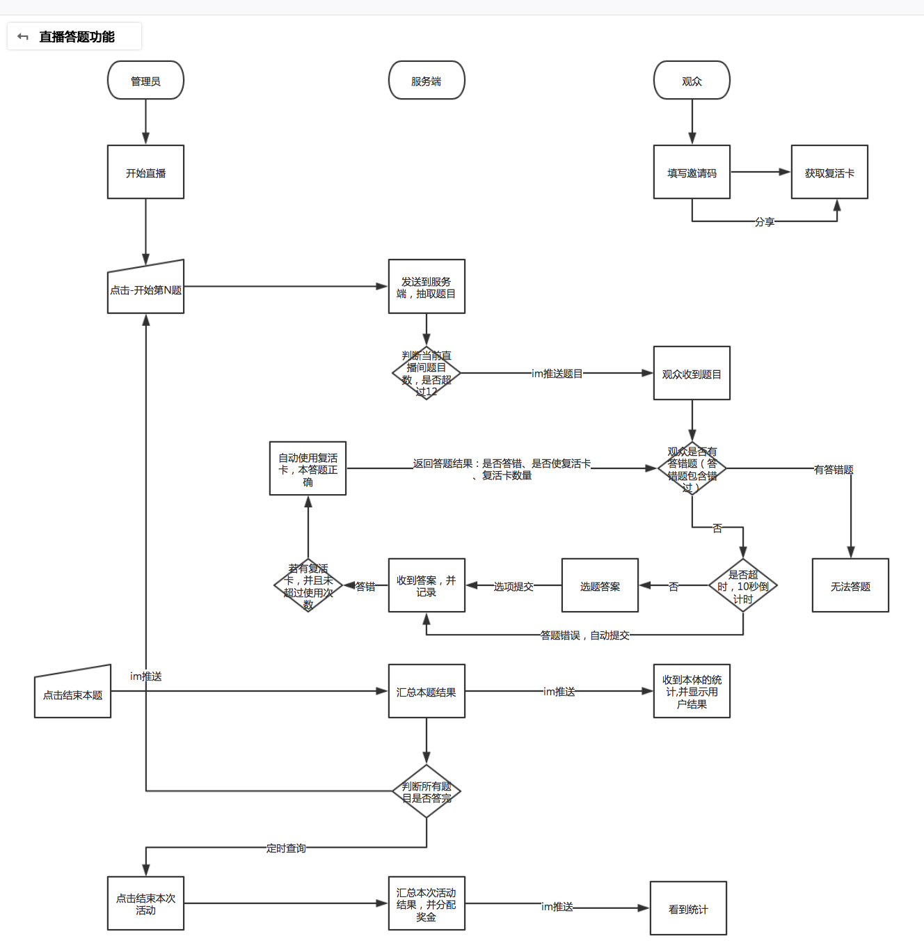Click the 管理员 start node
click(145, 81)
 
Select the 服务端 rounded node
click(427, 81)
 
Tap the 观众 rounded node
click(692, 81)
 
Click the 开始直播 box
click(145, 173)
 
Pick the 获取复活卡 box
click(829, 173)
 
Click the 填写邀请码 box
click(692, 173)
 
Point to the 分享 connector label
click(765, 222)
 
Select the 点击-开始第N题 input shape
click(145, 289)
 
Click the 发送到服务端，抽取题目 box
click(427, 287)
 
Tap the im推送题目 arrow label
click(557, 374)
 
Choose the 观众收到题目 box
click(692, 374)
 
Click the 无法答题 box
click(850, 586)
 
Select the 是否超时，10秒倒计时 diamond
click(743, 586)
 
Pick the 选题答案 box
click(600, 586)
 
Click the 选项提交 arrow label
click(513, 587)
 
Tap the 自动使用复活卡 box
click(308, 469)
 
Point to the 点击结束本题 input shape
click(72, 694)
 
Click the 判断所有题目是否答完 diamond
click(427, 792)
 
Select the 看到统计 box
click(688, 909)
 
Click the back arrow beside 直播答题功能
click(23, 37)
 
